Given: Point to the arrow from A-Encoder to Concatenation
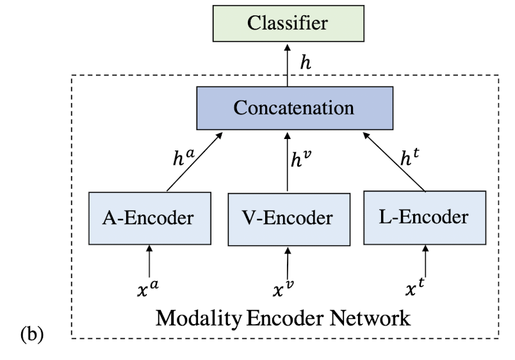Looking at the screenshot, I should point(194,161).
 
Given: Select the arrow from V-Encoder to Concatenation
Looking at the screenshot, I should point(288,161).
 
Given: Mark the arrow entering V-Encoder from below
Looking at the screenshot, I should point(288,260).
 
